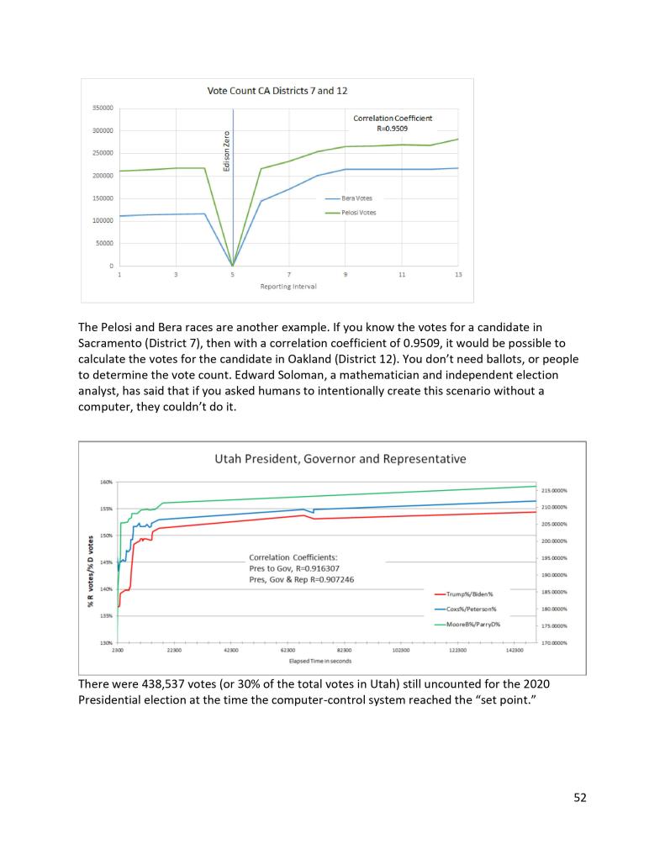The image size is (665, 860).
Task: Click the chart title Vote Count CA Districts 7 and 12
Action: tap(277, 91)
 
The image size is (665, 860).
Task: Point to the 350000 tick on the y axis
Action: tap(103, 108)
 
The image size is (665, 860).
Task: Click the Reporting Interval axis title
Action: tap(282, 287)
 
